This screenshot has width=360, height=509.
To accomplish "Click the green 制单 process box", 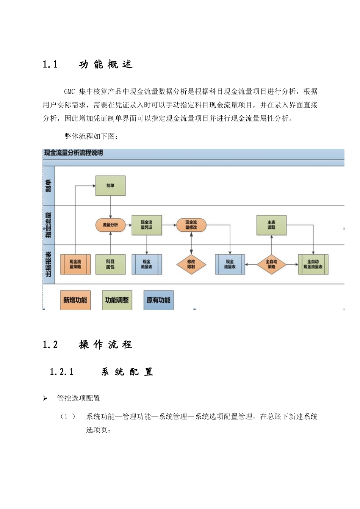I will click(110, 185).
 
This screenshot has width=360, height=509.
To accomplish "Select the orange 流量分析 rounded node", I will click(110, 225).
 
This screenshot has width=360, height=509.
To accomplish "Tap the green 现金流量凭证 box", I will click(147, 225).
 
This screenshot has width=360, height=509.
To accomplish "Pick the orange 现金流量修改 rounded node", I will click(191, 225).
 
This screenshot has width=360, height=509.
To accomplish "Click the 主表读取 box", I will click(271, 225).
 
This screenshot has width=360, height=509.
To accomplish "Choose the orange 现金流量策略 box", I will click(75, 264).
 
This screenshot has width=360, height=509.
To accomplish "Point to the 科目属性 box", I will click(110, 264).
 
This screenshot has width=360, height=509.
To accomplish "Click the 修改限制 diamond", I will click(191, 264).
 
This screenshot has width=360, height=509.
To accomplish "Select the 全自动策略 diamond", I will click(271, 264).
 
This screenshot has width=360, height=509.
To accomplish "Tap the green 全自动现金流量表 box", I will click(313, 264).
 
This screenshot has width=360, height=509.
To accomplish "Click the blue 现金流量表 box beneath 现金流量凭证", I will click(147, 264).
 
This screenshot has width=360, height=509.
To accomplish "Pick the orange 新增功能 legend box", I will click(75, 300).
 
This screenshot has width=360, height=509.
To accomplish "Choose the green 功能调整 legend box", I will click(117, 300).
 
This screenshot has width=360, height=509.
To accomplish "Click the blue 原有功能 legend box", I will click(158, 300).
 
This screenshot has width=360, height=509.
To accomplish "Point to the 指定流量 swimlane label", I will click(49, 225).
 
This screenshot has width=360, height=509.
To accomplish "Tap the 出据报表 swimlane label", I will click(49, 264).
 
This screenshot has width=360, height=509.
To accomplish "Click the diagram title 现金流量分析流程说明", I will click(74, 153).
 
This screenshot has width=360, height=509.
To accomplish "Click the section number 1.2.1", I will click(61, 372).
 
